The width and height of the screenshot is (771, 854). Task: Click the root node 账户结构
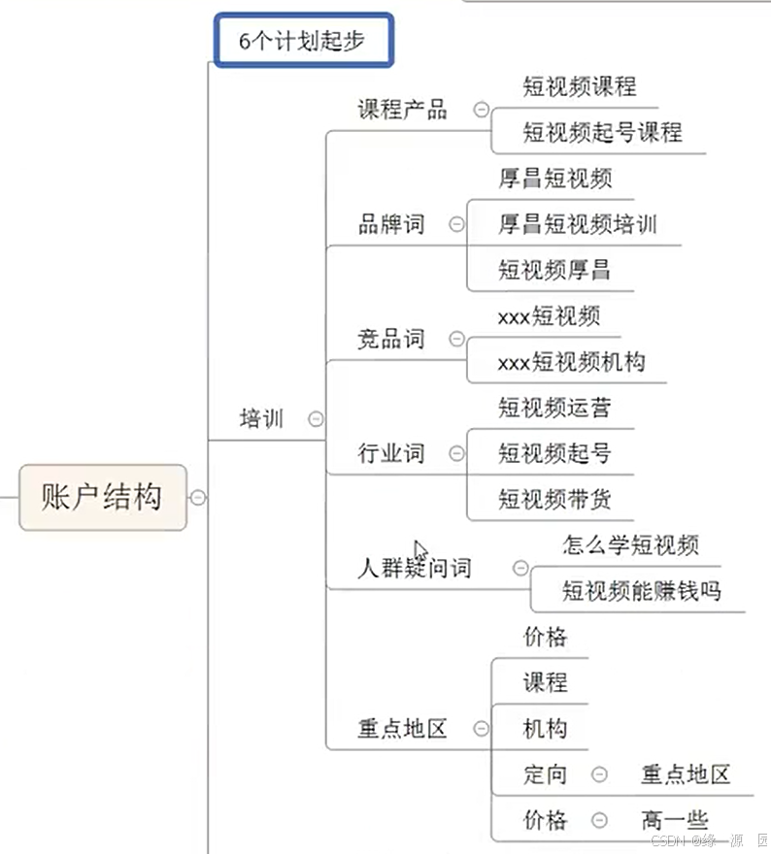click(x=102, y=497)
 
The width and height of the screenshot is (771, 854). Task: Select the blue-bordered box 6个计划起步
click(x=303, y=41)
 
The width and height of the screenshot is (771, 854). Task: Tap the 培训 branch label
click(x=262, y=419)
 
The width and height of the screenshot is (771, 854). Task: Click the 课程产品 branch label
click(x=402, y=109)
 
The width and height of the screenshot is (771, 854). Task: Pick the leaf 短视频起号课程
click(x=602, y=132)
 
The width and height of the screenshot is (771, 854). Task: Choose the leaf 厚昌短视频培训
click(x=578, y=224)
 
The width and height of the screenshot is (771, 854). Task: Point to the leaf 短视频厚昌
click(x=554, y=269)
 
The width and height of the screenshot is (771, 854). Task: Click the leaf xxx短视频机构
click(x=571, y=362)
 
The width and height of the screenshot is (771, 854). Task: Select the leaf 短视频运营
click(x=554, y=408)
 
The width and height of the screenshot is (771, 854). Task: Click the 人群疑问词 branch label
click(x=415, y=569)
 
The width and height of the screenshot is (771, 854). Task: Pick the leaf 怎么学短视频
click(x=630, y=545)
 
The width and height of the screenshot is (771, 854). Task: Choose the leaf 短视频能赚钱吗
click(x=642, y=590)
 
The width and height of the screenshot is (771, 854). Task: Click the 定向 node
click(x=545, y=774)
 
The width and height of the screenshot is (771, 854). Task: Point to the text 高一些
click(x=675, y=820)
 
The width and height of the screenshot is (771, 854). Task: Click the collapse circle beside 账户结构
click(x=198, y=498)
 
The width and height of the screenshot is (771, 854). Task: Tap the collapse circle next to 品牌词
click(x=456, y=225)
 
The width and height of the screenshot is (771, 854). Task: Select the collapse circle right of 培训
click(x=315, y=419)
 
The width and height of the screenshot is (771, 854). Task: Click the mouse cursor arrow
click(x=419, y=549)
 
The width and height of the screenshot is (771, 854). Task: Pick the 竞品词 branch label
click(x=391, y=340)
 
